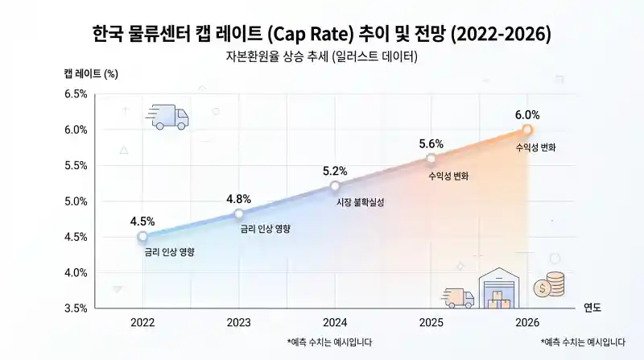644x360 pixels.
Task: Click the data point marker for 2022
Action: tap(142, 237)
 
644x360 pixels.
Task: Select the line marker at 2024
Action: tap(335, 186)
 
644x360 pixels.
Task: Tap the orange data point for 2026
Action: tap(527, 130)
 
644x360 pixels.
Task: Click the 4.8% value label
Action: tap(238, 199)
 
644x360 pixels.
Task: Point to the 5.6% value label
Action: tap(431, 143)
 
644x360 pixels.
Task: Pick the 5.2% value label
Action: tap(335, 171)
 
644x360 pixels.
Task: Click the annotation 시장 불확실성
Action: tap(360, 203)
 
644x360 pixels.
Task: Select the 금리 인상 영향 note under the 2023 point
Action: tap(266, 229)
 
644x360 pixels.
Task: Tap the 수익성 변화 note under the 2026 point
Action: tap(536, 148)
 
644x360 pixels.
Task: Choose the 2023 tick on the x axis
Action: tap(238, 322)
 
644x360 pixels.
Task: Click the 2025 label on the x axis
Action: tap(431, 322)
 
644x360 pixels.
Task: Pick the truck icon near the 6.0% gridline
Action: tap(169, 118)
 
